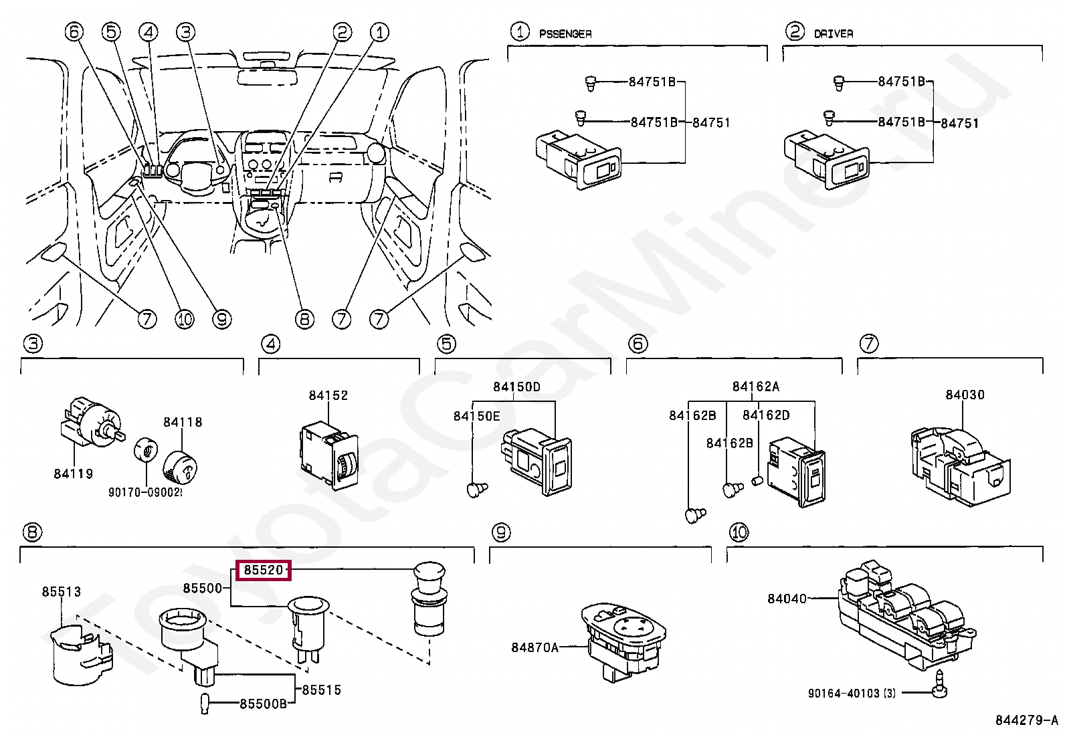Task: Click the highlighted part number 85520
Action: (264, 570)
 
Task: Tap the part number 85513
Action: (61, 592)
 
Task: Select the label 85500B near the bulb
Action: (263, 704)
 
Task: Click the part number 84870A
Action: (534, 647)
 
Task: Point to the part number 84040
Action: (787, 599)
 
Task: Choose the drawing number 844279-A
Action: (1026, 720)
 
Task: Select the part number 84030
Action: (965, 395)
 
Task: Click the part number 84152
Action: (328, 395)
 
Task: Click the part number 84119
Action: (73, 474)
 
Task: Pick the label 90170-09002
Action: (144, 493)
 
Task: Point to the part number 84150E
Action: (476, 416)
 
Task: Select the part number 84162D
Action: (765, 415)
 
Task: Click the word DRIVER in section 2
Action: (833, 33)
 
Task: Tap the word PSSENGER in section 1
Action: (565, 33)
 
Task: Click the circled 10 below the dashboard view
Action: (185, 319)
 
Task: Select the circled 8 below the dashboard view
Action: (304, 319)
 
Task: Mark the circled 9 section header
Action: (500, 532)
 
